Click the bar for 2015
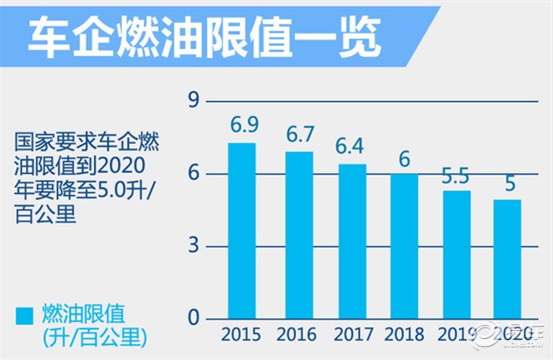241,231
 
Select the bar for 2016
299,235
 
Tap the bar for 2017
353,241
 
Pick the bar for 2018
405,246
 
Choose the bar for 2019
456,255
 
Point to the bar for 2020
507,259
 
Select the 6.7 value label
299,135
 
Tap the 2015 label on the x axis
242,335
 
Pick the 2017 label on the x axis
353,335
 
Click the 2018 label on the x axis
405,335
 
